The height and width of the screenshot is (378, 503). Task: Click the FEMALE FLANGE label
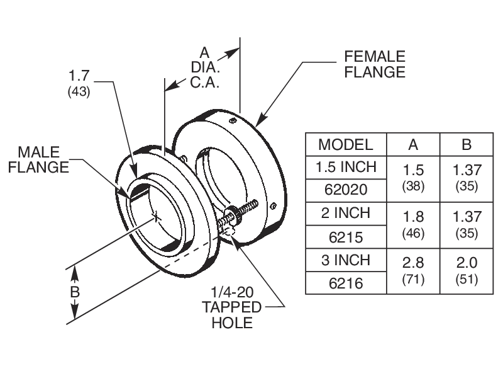[x=375, y=64]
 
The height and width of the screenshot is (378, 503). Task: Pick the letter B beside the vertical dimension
[x=75, y=293]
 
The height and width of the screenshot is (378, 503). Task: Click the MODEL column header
[x=345, y=144]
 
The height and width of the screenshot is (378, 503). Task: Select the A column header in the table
[x=413, y=144]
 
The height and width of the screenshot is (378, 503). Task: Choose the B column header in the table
[x=467, y=144]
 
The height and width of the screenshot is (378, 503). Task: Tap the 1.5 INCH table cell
[x=345, y=167]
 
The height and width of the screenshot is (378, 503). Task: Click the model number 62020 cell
[x=345, y=188]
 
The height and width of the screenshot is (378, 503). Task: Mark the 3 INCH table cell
[x=345, y=260]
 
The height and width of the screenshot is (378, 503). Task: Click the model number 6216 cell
[x=345, y=283]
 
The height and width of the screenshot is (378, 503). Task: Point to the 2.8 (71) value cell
[x=413, y=271]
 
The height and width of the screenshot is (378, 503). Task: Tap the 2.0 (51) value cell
[x=467, y=271]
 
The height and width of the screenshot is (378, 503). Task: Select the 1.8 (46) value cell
[x=413, y=224]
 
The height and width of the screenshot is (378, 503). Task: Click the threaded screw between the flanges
[x=242, y=213]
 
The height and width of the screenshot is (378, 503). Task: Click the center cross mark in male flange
[x=156, y=218]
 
